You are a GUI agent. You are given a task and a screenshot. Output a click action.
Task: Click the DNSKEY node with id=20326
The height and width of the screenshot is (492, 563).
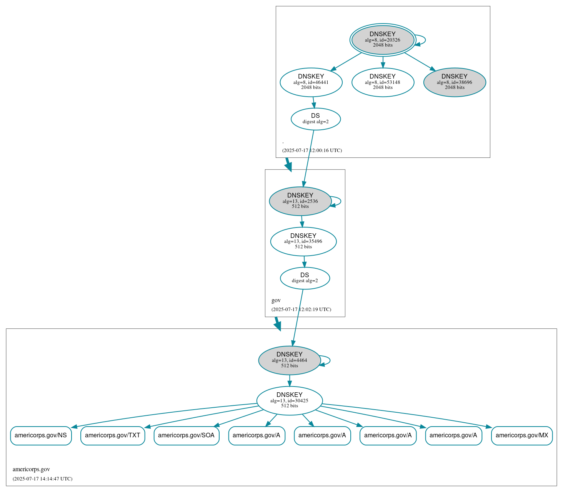click(383, 40)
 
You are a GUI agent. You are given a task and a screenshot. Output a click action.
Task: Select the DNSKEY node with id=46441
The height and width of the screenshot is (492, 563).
click(311, 82)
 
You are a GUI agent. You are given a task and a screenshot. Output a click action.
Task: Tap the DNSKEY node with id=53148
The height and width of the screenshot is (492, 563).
click(383, 82)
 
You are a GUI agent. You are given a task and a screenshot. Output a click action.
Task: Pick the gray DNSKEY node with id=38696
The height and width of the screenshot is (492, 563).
click(455, 82)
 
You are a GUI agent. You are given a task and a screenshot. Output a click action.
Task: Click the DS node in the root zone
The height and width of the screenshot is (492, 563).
click(315, 119)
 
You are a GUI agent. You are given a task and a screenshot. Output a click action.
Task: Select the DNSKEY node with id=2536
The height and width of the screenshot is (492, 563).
click(300, 201)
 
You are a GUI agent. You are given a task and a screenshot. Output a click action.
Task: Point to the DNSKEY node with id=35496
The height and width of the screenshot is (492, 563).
click(303, 241)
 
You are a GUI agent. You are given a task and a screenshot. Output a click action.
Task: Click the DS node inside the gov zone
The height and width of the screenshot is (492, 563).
click(305, 278)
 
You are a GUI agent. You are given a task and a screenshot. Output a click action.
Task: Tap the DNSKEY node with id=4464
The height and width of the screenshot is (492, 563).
click(290, 360)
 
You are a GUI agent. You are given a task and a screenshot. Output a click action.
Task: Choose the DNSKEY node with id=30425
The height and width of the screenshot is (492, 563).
click(290, 400)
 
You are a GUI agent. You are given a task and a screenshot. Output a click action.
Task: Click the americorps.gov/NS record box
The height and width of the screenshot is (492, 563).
click(41, 435)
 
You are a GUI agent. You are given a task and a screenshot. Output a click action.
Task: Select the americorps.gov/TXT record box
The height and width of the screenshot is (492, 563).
click(113, 435)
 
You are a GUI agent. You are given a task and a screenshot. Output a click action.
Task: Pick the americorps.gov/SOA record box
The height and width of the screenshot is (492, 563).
click(187, 435)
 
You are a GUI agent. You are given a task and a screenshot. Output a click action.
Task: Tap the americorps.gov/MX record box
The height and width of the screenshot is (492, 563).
click(522, 435)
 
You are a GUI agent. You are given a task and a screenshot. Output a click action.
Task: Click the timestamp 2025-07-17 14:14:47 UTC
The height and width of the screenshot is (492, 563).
click(42, 479)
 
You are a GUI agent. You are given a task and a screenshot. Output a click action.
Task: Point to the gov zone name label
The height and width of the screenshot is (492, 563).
click(276, 300)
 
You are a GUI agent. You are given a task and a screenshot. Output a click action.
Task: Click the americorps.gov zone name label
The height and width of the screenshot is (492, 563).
click(31, 469)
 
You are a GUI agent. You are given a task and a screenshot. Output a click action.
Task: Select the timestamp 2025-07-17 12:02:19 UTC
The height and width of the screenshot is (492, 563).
click(301, 310)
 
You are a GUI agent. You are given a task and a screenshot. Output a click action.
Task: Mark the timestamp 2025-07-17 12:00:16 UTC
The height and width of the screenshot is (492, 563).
click(312, 151)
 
